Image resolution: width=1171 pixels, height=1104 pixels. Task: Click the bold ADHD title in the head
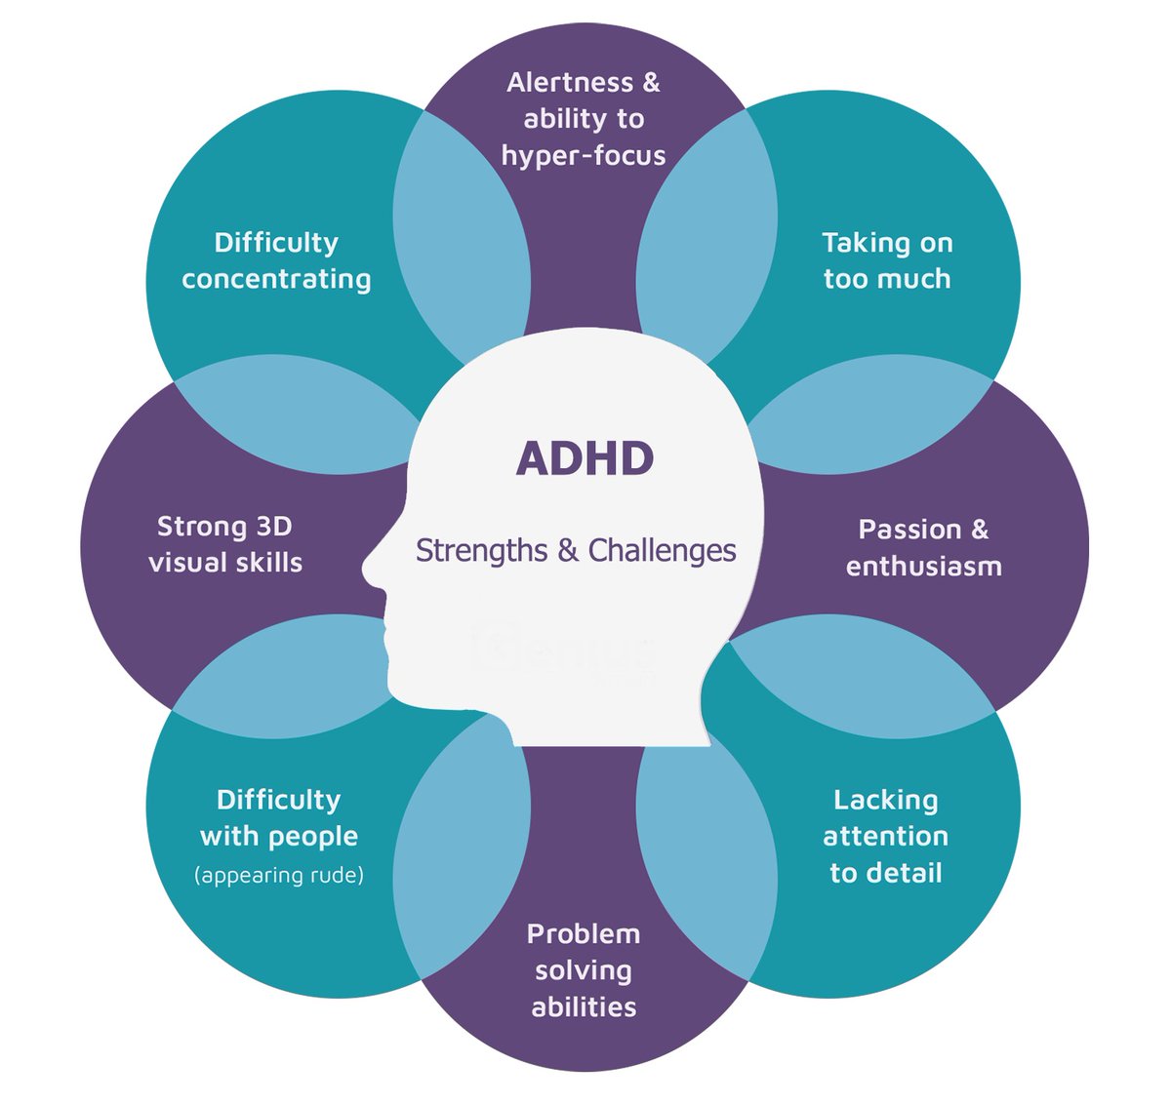tap(585, 458)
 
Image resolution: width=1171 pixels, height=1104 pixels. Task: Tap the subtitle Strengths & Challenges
tap(576, 550)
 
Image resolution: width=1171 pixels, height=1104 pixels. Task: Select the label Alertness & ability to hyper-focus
tap(584, 119)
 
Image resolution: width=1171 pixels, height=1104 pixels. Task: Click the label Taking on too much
tap(887, 260)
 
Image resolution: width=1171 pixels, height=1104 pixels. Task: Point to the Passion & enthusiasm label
tap(923, 547)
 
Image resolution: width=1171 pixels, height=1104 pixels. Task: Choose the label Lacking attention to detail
tap(885, 836)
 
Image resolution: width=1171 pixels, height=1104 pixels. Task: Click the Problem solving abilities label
tap(584, 969)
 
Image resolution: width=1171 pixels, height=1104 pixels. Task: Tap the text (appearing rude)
tap(279, 875)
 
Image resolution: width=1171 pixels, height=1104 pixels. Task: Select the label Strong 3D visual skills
tap(225, 544)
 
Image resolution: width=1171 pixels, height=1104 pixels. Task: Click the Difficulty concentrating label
tap(276, 260)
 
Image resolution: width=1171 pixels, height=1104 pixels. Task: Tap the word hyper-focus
tap(584, 155)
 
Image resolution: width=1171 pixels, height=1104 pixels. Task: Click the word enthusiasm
tap(923, 566)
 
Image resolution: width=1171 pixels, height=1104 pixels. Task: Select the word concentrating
tap(276, 279)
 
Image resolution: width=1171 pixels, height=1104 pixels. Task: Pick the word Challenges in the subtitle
tap(662, 550)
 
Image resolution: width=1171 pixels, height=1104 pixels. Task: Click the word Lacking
tap(885, 800)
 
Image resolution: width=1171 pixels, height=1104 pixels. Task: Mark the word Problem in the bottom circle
tap(584, 933)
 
